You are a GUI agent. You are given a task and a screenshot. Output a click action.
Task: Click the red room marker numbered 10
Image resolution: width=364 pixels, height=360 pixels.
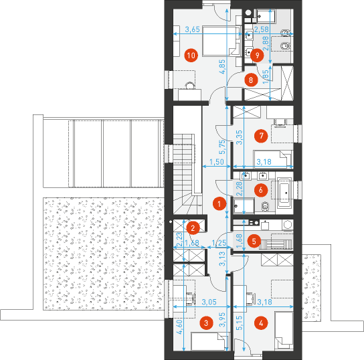191,56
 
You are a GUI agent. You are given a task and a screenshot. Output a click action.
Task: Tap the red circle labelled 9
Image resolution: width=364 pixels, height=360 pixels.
257,56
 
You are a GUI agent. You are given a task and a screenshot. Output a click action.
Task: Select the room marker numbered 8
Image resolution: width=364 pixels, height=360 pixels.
251,80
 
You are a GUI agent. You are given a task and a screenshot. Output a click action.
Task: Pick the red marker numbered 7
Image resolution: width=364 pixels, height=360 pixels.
261,136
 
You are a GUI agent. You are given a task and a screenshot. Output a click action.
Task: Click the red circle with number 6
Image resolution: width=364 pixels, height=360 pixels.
261,190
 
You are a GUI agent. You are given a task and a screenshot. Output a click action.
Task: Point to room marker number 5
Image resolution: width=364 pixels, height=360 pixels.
254,241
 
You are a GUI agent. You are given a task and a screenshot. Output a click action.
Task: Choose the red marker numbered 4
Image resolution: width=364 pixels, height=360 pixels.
261,323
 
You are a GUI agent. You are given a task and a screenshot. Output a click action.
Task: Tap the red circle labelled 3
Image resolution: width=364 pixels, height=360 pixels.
206,323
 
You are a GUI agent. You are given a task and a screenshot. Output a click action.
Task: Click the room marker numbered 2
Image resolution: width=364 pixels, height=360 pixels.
193,228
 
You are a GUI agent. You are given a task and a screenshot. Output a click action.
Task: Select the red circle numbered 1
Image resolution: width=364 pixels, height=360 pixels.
219,203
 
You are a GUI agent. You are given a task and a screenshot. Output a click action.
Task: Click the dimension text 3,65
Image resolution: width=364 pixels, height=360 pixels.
193,29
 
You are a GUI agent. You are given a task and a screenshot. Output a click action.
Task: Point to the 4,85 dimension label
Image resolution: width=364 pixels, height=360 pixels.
222,67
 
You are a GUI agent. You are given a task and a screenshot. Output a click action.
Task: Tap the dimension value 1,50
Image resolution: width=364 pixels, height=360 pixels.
217,162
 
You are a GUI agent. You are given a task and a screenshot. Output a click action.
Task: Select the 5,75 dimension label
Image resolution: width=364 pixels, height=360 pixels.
222,147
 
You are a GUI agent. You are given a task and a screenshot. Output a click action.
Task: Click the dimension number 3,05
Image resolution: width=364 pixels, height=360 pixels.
209,302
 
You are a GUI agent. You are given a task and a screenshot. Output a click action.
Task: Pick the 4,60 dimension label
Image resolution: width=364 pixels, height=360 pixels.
179,327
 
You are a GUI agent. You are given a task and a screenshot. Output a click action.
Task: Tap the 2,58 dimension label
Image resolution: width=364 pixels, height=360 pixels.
262,29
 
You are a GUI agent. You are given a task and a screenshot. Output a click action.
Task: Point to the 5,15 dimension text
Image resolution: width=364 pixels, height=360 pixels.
240,323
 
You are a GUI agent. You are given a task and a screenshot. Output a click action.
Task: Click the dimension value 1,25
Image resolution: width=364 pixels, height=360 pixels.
219,243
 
